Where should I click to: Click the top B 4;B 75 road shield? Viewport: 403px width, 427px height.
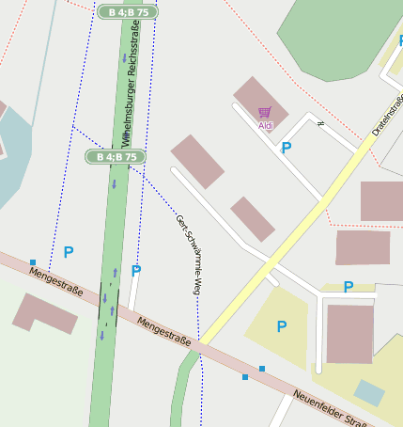[x=127, y=12]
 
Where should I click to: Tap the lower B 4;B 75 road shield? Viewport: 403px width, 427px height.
[x=116, y=156]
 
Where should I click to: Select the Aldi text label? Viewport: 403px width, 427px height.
[x=267, y=126]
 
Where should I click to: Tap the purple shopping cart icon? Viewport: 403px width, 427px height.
[x=265, y=113]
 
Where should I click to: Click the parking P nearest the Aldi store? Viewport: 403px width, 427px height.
[x=287, y=148]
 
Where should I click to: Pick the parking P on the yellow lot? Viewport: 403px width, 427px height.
[x=281, y=326]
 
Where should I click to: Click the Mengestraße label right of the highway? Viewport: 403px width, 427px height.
[x=164, y=330]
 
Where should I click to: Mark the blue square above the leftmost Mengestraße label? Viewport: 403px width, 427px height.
[x=33, y=262]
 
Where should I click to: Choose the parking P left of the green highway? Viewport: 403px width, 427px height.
[x=68, y=252]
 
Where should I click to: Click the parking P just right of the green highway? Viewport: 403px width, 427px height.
[x=136, y=271]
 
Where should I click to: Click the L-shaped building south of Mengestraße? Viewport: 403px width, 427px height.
[x=44, y=313]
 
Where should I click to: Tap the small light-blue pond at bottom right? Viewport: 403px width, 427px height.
[x=369, y=392]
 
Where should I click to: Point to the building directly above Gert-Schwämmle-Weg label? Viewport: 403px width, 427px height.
[x=197, y=161]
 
